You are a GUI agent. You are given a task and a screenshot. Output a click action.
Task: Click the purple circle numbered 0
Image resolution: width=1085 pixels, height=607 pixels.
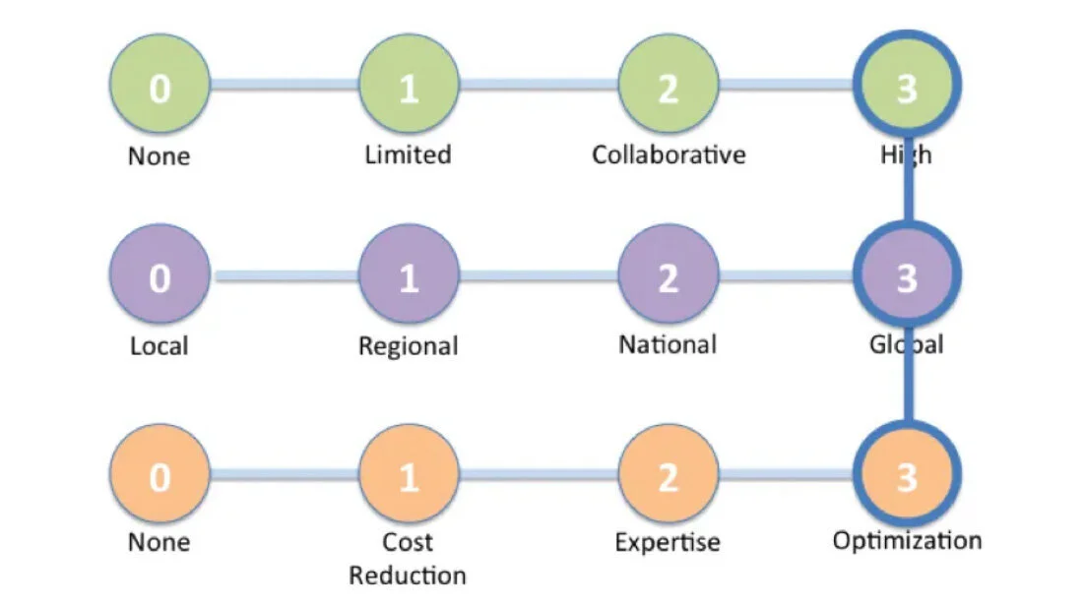(160, 277)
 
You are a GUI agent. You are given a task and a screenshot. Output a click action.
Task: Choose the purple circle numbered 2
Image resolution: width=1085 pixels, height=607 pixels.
(669, 277)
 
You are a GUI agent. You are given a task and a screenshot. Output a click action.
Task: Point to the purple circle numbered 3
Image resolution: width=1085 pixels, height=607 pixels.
(907, 277)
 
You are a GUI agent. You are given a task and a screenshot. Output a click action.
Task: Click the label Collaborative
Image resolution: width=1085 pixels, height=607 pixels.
(669, 154)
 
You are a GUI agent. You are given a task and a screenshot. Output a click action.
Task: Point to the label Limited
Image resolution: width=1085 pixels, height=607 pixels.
(408, 154)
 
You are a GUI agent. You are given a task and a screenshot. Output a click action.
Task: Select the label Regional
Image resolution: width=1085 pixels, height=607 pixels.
(408, 346)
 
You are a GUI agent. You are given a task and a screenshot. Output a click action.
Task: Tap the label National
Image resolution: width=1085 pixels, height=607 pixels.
(668, 345)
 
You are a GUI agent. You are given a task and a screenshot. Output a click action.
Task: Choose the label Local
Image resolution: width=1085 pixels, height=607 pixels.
(159, 346)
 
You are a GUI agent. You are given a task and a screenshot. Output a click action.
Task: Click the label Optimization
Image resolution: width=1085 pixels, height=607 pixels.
(907, 541)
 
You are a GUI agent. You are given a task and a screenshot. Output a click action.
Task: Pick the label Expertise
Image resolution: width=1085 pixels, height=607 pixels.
(668, 542)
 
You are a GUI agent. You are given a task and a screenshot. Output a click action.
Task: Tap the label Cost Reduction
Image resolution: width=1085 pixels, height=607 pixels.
(408, 558)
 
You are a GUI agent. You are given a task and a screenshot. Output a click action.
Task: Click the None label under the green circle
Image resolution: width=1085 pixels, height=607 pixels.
(159, 155)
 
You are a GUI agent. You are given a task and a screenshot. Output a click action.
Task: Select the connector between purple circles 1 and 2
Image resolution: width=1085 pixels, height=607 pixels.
(539, 278)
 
